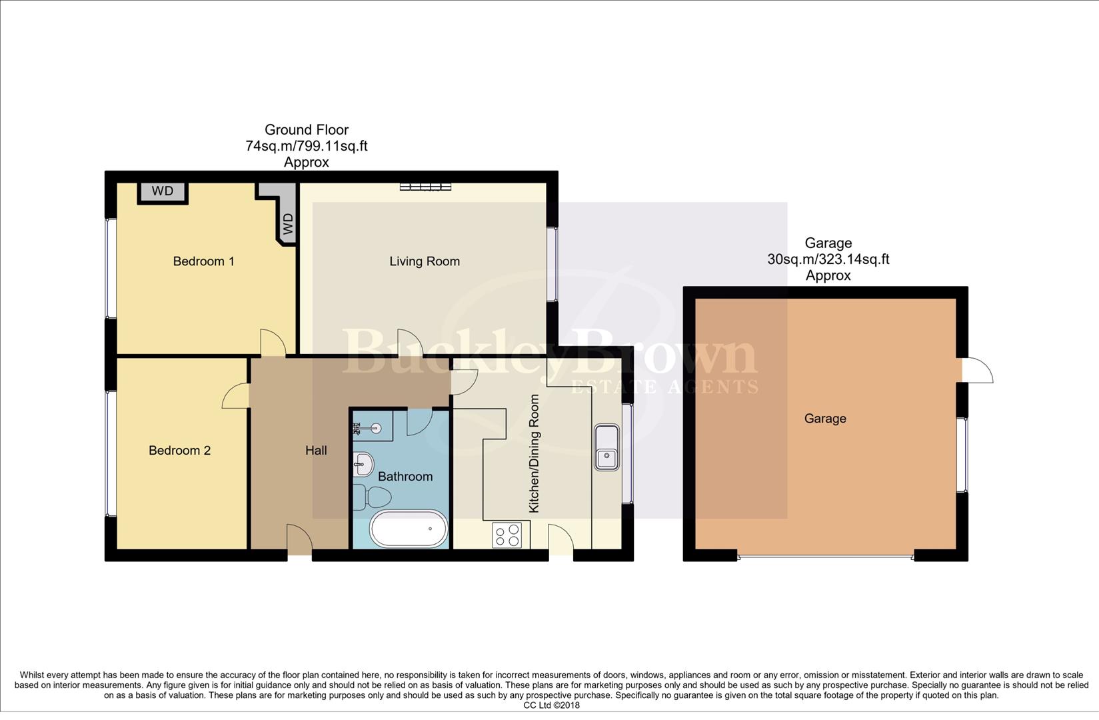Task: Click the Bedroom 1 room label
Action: (x=203, y=261)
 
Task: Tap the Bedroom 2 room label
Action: (x=179, y=451)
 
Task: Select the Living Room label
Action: (x=425, y=261)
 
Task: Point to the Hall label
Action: (x=316, y=451)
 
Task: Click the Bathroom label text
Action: (x=405, y=477)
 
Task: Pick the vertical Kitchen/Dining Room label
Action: (x=534, y=454)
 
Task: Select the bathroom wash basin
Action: (x=363, y=463)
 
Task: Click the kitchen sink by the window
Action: (x=607, y=447)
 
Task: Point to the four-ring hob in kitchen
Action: (x=507, y=535)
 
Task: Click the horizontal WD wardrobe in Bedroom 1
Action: (x=163, y=191)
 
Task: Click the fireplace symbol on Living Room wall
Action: (x=425, y=187)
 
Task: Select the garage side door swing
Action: (x=978, y=371)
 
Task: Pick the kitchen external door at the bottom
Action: (x=560, y=539)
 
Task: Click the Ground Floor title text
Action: (x=307, y=130)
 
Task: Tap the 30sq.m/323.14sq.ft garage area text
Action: (x=828, y=259)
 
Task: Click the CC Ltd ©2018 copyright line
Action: (x=551, y=705)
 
